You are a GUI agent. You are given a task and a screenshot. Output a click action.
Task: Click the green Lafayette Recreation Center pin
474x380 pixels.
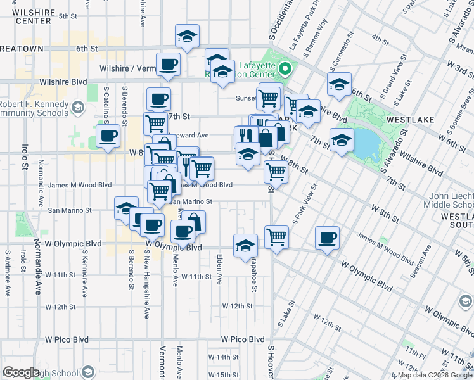click(285, 70)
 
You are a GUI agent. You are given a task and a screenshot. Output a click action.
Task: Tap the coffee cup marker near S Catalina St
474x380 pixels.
click(108, 135)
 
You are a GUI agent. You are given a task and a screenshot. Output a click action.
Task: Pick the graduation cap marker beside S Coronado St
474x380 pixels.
click(339, 84)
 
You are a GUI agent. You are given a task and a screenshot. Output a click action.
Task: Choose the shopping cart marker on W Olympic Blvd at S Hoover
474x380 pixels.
click(277, 237)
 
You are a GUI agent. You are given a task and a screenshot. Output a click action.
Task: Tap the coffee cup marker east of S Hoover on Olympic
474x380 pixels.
click(327, 237)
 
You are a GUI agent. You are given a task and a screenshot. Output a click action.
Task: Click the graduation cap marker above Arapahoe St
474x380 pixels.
click(245, 245)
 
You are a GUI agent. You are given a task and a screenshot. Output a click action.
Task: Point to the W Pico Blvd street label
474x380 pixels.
click(243, 339)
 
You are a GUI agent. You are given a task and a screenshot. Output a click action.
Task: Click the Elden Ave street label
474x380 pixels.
click(220, 269)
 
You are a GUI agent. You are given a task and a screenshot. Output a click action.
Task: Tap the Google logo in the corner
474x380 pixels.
click(22, 372)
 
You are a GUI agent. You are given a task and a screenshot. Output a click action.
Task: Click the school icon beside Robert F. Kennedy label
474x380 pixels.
click(77, 108)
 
